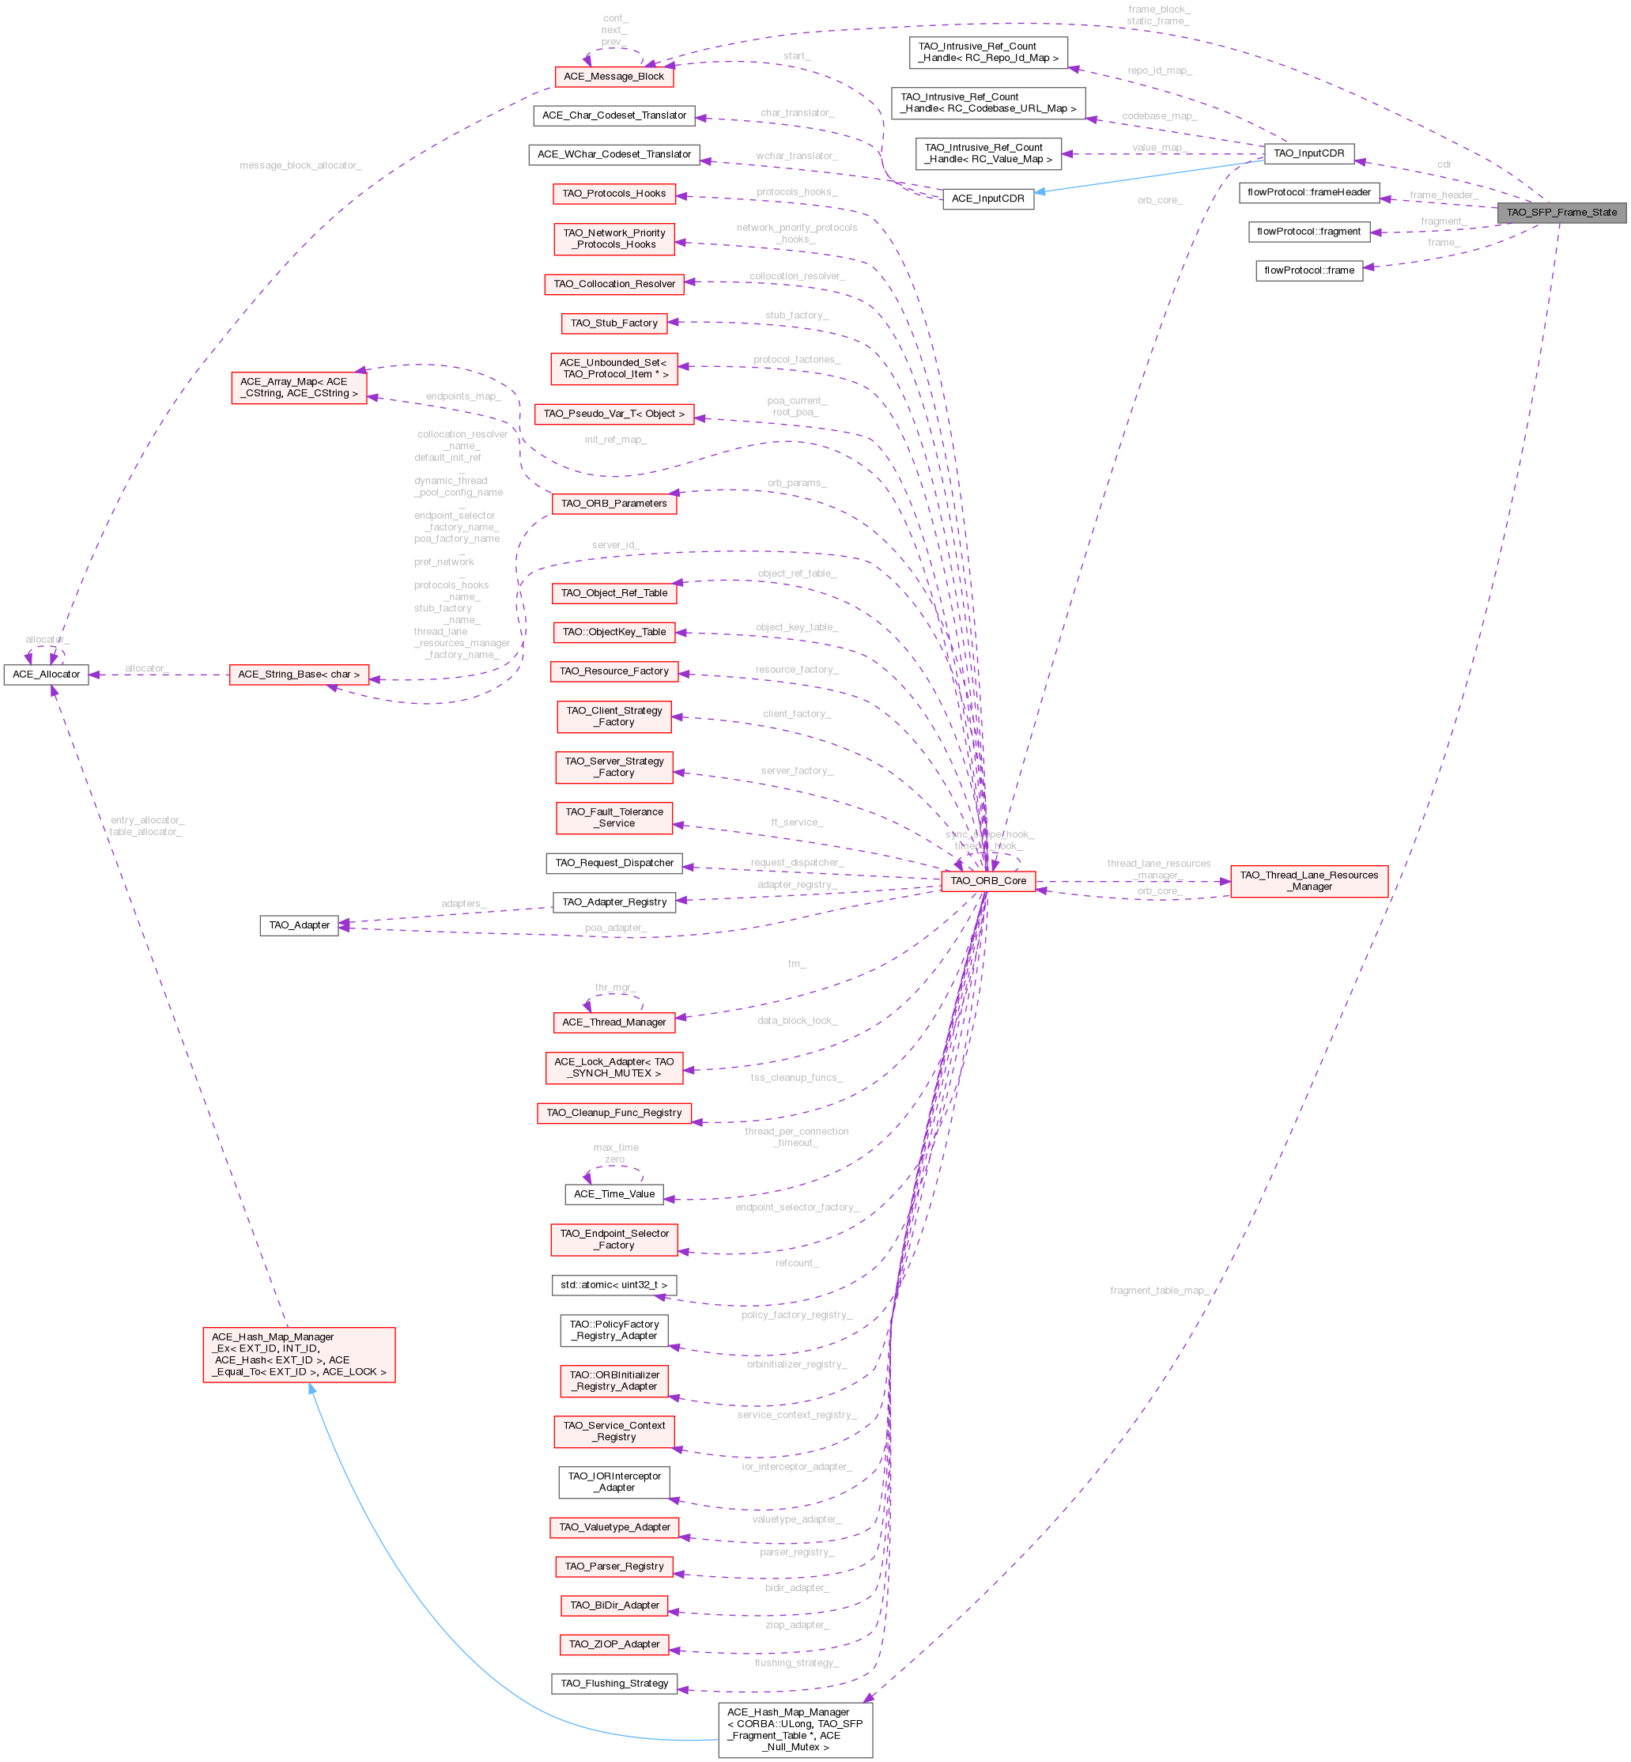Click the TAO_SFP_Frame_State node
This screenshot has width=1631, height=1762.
click(x=1561, y=213)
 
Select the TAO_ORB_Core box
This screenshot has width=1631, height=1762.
click(x=987, y=881)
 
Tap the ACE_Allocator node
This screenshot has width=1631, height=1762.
click(x=46, y=675)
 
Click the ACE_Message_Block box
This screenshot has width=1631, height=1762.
click(x=614, y=77)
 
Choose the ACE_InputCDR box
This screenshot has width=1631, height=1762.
click(x=987, y=199)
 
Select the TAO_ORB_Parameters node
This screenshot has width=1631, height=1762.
click(x=614, y=504)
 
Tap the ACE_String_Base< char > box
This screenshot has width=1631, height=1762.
click(x=299, y=675)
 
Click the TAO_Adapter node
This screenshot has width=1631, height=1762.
click(x=299, y=925)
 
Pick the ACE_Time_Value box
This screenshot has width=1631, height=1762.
click(x=614, y=1194)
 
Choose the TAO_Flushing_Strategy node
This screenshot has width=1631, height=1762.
click(x=614, y=1684)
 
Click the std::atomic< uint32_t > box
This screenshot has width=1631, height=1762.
click(x=614, y=1285)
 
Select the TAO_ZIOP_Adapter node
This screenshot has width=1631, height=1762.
click(x=614, y=1645)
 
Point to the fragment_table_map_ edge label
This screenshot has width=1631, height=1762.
click(x=1159, y=1291)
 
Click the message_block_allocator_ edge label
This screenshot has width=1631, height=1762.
click(x=300, y=166)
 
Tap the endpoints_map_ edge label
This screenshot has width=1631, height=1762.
click(x=463, y=397)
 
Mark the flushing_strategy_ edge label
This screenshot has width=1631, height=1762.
click(x=796, y=1663)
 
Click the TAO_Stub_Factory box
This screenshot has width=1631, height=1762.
click(x=614, y=324)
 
